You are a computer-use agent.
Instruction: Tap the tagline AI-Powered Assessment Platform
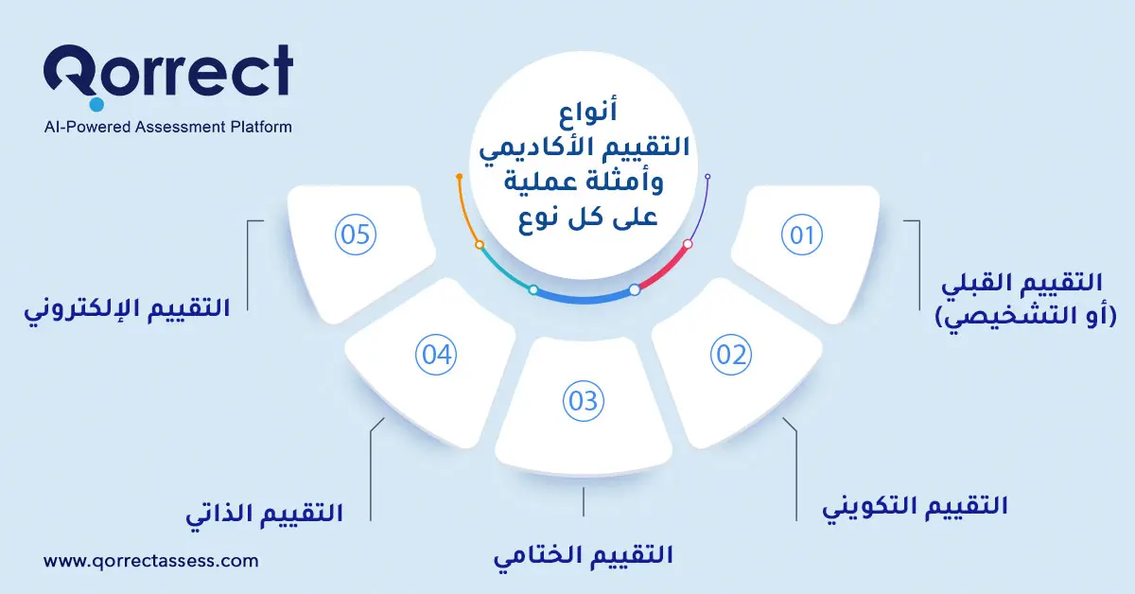[168, 127]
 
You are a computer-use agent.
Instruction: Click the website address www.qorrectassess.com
[151, 560]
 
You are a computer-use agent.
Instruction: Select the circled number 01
[802, 235]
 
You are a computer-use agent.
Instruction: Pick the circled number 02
[729, 355]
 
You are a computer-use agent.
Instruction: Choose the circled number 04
[436, 356]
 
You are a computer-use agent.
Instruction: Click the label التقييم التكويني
[916, 506]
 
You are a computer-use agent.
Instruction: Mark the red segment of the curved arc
[664, 268]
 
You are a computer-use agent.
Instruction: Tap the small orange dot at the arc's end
[459, 177]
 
